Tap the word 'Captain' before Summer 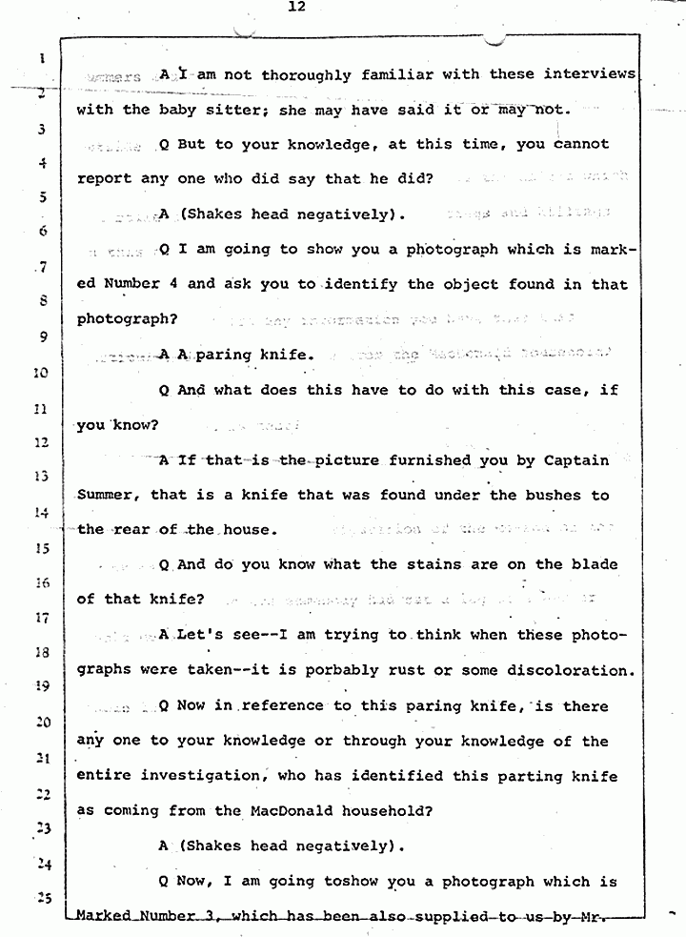[575, 460]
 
